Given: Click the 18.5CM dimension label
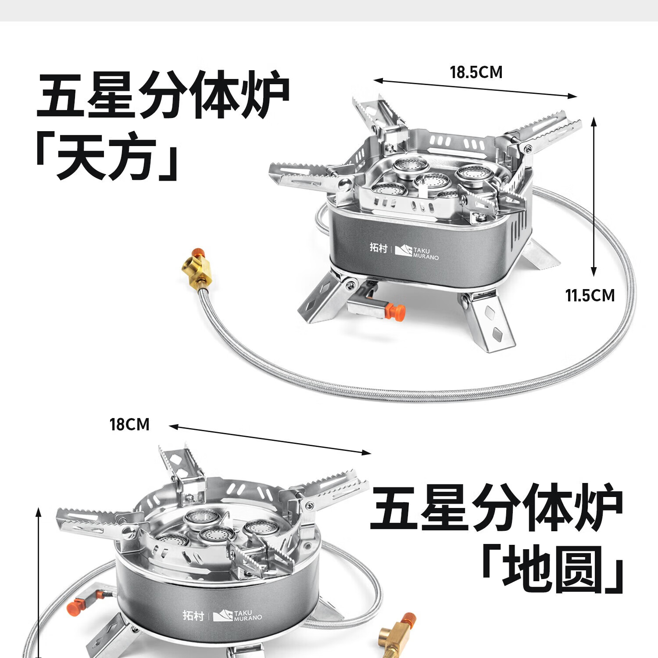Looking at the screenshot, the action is click(x=476, y=72).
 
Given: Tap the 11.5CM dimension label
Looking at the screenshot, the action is click(x=590, y=296).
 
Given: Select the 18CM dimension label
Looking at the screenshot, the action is click(x=129, y=425).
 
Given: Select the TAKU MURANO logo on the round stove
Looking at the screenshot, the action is click(x=237, y=615).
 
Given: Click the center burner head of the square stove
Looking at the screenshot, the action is click(x=432, y=180).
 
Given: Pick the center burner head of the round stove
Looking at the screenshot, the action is click(x=216, y=534).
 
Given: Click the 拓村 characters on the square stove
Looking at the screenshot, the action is click(x=378, y=247).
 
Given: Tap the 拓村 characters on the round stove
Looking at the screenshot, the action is click(x=193, y=615).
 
